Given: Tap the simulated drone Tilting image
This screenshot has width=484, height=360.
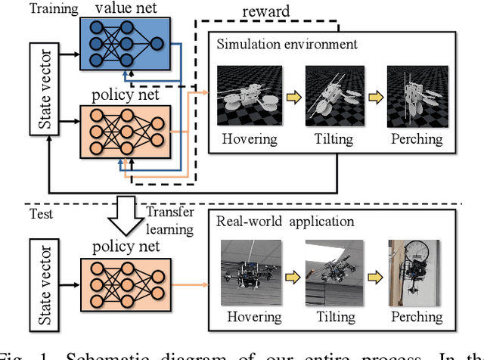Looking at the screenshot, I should [x=330, y=97].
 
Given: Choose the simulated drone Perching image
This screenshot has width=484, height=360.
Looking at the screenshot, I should [x=414, y=97].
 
